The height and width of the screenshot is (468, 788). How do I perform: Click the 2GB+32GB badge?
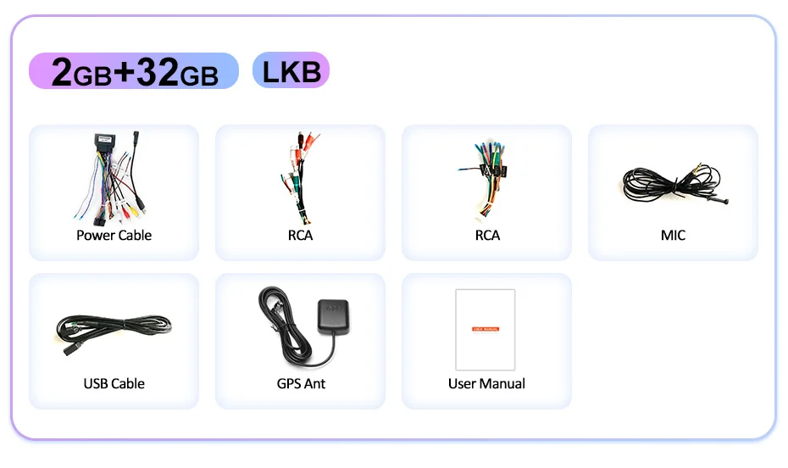(134, 71)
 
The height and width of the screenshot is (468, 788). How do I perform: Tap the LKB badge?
(291, 70)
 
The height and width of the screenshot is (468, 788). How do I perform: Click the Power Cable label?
(114, 235)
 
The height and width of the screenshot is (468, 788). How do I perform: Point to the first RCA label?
(300, 235)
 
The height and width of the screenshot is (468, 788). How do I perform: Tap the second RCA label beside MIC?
(487, 235)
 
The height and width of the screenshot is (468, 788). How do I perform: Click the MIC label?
(673, 235)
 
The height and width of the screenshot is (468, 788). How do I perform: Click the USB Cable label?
(114, 383)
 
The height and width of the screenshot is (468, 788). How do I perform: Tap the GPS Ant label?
(301, 383)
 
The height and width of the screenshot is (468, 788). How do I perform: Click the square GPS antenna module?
(332, 316)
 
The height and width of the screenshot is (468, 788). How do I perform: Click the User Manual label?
(486, 383)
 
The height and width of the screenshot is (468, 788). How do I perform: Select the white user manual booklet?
(485, 329)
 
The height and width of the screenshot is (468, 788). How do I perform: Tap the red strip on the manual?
(486, 328)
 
